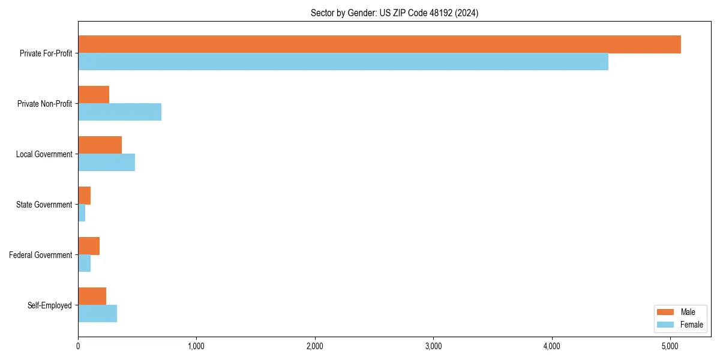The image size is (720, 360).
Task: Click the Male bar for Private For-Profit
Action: pyautogui.click(x=379, y=44)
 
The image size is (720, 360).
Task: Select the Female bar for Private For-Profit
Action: pyautogui.click(x=343, y=62)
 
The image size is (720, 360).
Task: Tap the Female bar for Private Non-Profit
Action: pyautogui.click(x=119, y=112)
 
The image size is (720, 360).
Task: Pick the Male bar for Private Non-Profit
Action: pyautogui.click(x=94, y=95)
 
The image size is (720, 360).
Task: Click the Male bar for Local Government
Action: pyautogui.click(x=100, y=145)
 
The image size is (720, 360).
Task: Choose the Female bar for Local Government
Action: pyautogui.click(x=106, y=163)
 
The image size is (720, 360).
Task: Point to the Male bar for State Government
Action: pyautogui.click(x=84, y=196)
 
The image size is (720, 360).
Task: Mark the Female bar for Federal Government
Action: pyautogui.click(x=84, y=263)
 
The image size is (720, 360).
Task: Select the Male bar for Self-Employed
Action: pyautogui.click(x=92, y=296)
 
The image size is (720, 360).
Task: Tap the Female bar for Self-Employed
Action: pyautogui.click(x=97, y=314)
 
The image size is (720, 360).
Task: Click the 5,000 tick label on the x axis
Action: pyautogui.click(x=670, y=346)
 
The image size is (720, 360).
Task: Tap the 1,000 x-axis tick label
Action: pyautogui.click(x=196, y=346)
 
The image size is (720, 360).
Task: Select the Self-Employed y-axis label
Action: pyautogui.click(x=49, y=305)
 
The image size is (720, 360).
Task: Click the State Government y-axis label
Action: pyautogui.click(x=44, y=205)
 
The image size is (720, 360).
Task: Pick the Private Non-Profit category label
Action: pyautogui.click(x=44, y=104)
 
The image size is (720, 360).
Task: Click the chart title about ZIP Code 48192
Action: pyautogui.click(x=394, y=13)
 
